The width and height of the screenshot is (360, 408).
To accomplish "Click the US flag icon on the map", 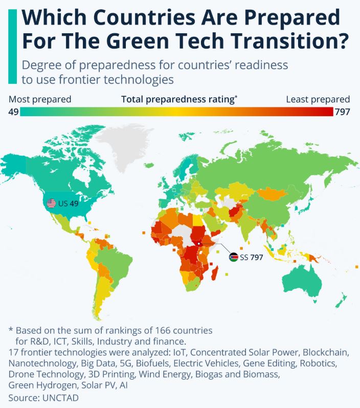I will (51, 203).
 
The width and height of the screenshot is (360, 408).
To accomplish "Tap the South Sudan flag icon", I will (233, 257).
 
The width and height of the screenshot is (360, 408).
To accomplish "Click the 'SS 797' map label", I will (251, 257).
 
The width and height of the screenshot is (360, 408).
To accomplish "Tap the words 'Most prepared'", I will (40, 99).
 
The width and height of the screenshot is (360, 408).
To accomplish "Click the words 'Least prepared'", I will (318, 99).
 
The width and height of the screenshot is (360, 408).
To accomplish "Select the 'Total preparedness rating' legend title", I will (177, 99).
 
